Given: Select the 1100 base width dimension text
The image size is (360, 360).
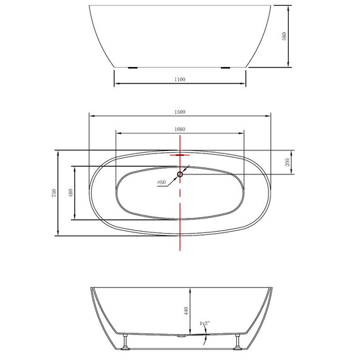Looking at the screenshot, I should click(x=180, y=80).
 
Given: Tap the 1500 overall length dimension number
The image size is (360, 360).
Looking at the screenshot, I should click(x=180, y=112).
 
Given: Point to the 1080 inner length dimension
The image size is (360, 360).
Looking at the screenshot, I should click(x=180, y=129).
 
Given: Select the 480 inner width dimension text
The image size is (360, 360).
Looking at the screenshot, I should click(x=70, y=193).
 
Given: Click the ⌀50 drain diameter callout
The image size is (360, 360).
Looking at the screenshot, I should click(x=162, y=183).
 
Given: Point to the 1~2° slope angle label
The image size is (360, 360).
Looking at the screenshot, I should click(x=204, y=323).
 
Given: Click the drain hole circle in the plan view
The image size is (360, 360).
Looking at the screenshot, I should click(x=180, y=174).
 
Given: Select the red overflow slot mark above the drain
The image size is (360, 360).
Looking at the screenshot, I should click(x=180, y=153).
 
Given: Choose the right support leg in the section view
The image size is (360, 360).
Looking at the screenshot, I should click(x=238, y=342).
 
